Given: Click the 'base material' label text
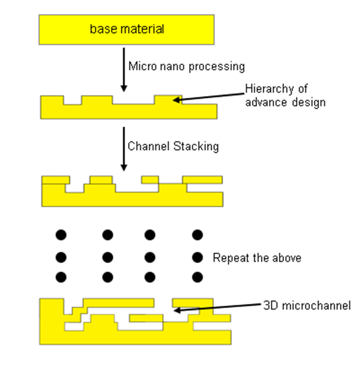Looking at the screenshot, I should [127, 29].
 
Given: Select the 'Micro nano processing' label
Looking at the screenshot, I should [186, 66].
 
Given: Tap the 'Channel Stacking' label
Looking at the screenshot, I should [173, 146].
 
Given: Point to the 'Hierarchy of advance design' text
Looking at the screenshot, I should [285, 96].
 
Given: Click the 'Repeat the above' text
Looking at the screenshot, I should [256, 257].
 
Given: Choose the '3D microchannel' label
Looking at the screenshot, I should [307, 305].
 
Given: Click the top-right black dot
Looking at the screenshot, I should [197, 235].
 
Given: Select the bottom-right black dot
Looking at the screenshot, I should [197, 277].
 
